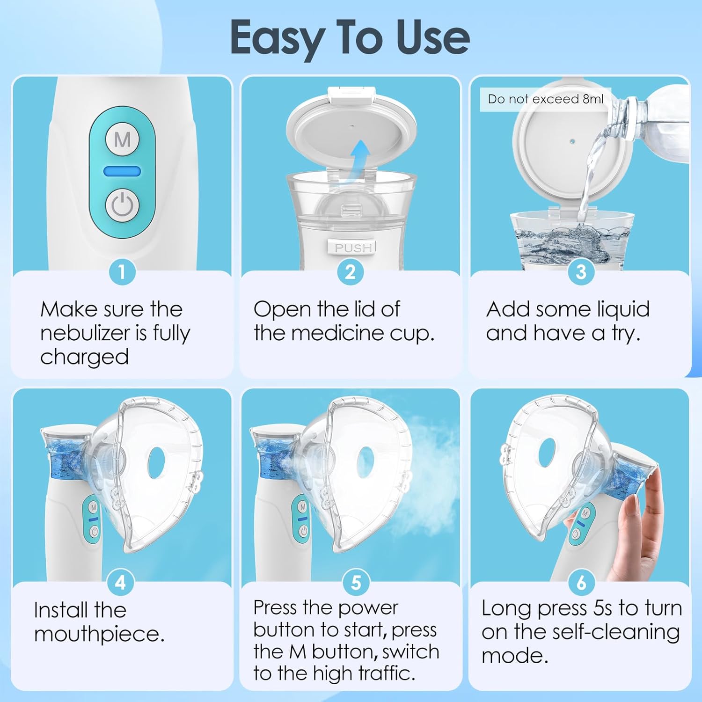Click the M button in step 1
[x=122, y=139]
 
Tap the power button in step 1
[x=122, y=205]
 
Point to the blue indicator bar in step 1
[x=122, y=171]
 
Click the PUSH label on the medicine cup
[x=353, y=248]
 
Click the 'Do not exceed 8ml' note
[x=545, y=99]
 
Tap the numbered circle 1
[x=122, y=272]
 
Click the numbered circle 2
[x=351, y=272]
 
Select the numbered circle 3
[x=581, y=272]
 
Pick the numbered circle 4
[x=121, y=583]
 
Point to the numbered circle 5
[x=356, y=583]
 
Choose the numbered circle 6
[x=581, y=583]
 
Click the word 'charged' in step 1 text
[x=84, y=357]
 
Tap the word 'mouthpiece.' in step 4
[x=99, y=635]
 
